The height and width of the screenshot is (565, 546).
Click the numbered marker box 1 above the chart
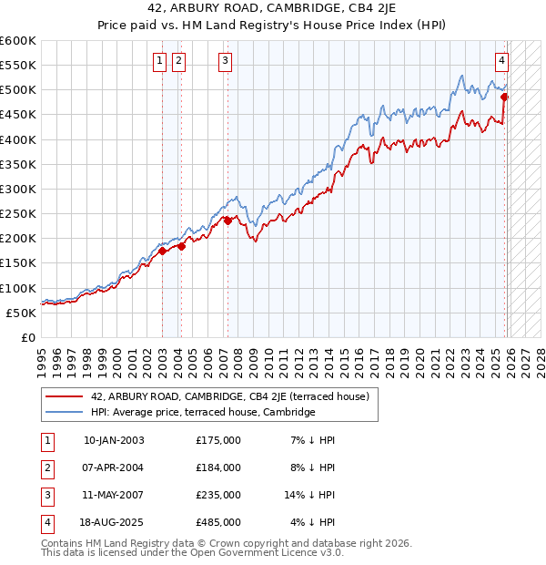160,61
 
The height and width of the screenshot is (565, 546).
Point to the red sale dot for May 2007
227,221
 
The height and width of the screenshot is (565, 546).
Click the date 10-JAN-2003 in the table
113,440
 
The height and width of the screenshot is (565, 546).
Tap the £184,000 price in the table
217,467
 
